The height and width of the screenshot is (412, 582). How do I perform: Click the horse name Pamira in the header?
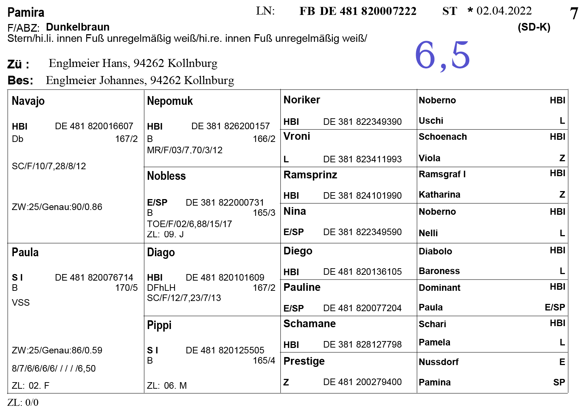(x=26, y=13)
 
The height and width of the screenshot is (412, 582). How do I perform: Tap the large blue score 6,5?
(x=442, y=55)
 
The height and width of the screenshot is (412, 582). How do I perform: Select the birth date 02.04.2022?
(x=504, y=11)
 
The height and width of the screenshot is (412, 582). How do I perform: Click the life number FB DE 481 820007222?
(x=358, y=11)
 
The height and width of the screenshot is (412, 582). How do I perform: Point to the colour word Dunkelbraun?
(x=77, y=27)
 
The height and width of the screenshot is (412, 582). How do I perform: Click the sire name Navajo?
(x=28, y=101)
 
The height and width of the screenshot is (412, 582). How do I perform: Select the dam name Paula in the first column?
(x=25, y=252)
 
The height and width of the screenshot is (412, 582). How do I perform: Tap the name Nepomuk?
(x=170, y=101)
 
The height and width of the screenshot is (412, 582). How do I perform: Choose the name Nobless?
(x=166, y=176)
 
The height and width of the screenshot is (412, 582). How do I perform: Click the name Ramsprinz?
(x=310, y=175)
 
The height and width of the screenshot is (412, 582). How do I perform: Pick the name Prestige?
(x=304, y=361)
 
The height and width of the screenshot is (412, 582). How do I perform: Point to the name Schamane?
(x=309, y=324)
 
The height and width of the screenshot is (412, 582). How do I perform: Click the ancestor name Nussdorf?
(x=438, y=362)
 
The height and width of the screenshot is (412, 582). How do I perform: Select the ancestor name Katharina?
(x=439, y=195)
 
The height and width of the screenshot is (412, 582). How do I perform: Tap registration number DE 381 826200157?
(x=230, y=126)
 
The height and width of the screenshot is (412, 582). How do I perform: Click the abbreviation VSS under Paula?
(x=21, y=302)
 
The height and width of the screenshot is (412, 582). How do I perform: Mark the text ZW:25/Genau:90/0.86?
(x=57, y=207)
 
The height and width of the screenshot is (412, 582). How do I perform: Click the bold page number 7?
(x=574, y=14)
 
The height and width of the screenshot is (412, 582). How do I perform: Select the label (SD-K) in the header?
(x=534, y=27)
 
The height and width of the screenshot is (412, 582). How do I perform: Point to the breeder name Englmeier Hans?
(x=88, y=63)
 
